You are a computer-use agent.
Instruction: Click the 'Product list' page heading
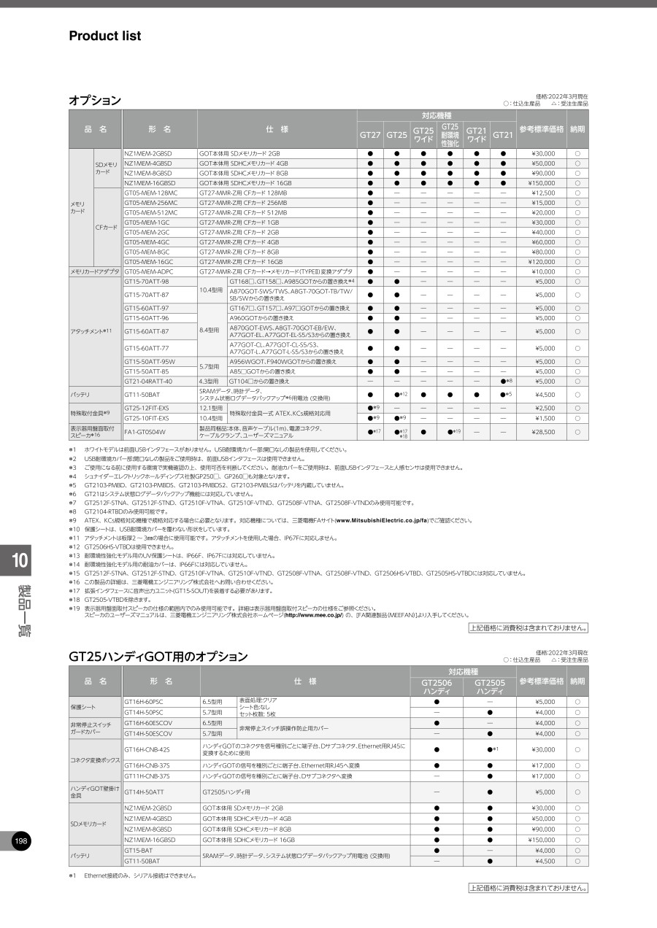[105, 36]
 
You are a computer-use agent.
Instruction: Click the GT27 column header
[370, 135]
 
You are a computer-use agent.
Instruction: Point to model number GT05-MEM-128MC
[151, 193]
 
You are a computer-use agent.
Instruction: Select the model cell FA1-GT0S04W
[145, 432]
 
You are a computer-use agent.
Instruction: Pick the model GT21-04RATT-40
[148, 381]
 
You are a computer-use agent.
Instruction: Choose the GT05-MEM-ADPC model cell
[147, 271]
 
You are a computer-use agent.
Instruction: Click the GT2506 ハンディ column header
[437, 687]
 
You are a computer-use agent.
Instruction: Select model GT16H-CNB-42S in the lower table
[147, 749]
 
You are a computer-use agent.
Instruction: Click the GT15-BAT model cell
[139, 851]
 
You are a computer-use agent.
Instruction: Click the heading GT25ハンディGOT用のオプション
[158, 657]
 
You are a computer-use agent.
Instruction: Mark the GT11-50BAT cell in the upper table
[142, 395]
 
